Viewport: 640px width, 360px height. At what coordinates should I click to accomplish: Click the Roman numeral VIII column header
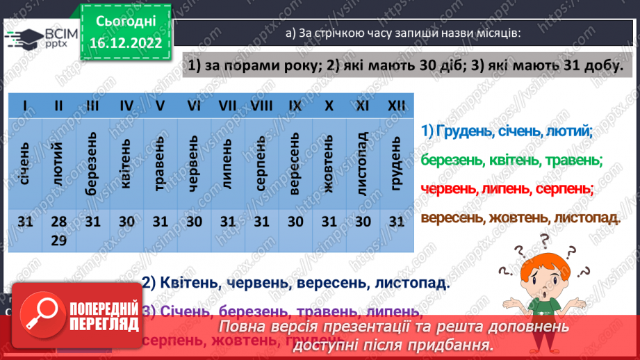click(261, 106)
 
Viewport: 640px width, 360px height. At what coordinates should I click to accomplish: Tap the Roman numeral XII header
click(396, 106)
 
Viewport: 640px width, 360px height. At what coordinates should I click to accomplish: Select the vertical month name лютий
click(58, 164)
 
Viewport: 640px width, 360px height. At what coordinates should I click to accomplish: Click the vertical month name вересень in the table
click(295, 164)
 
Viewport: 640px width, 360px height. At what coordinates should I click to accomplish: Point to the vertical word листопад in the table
click(362, 164)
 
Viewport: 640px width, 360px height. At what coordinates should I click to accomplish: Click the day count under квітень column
click(126, 222)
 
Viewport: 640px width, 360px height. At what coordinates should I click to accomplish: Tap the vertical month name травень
click(161, 164)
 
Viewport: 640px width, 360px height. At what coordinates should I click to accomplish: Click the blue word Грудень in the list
click(465, 131)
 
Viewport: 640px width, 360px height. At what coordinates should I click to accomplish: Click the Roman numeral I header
click(26, 106)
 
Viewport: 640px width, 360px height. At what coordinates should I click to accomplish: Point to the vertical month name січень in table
click(26, 164)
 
